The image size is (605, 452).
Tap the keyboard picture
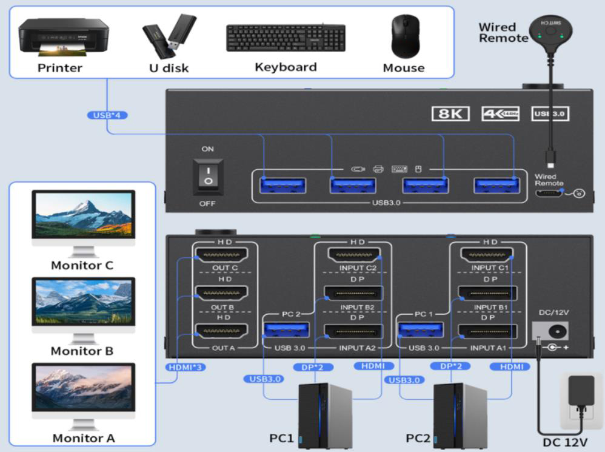[x=286, y=38]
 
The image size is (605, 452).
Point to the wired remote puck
[x=550, y=31]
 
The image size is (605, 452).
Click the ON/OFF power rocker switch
[x=208, y=177]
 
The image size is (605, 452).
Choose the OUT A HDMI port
[x=225, y=331]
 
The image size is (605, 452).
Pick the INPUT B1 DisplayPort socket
[x=487, y=294]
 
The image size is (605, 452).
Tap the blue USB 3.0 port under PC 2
[x=287, y=331]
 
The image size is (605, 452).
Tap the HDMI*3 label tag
[x=187, y=367]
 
